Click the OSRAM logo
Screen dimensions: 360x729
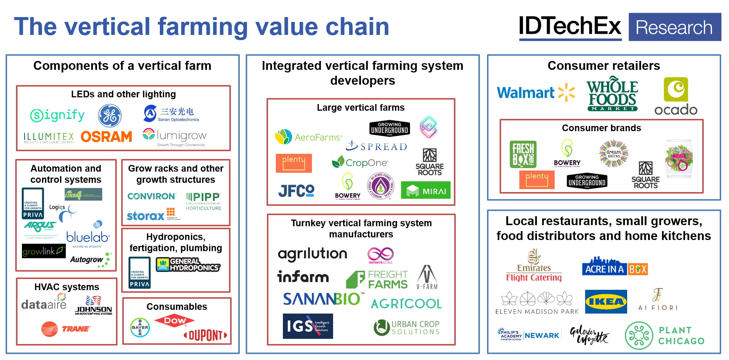pos(106,137)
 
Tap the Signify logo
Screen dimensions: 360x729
pos(57,115)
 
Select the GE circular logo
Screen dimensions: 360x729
pos(110,116)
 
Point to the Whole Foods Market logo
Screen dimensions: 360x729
pos(612,94)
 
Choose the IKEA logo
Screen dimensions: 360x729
pos(606,302)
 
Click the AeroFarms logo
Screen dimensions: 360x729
pos(308,137)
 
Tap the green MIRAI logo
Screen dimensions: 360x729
pos(426,190)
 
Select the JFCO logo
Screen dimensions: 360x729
pos(296,191)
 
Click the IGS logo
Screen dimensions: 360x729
pos(307,326)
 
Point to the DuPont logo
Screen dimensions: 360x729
pos(205,335)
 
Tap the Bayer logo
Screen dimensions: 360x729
pos(140,327)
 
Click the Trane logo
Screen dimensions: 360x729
pos(66,329)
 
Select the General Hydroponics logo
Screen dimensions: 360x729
pos(188,265)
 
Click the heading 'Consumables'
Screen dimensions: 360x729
pos(177,307)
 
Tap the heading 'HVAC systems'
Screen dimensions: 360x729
pos(67,287)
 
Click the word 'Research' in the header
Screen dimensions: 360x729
pos(674,27)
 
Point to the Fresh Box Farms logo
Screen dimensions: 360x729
pos(523,154)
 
